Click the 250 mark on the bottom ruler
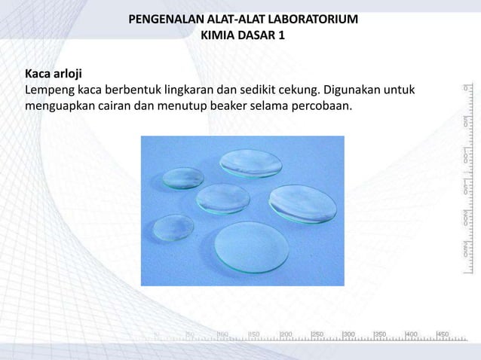(x=317, y=334)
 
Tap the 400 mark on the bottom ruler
(x=412, y=334)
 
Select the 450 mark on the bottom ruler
(x=443, y=334)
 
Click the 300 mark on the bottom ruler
(x=349, y=334)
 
